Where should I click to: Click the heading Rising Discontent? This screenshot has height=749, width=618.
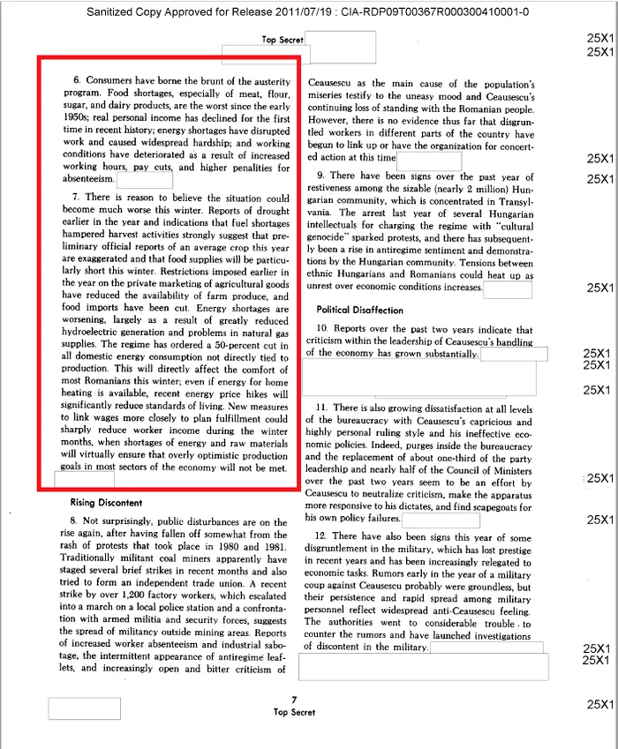pos(108,502)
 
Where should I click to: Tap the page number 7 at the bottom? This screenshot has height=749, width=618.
pos(293,700)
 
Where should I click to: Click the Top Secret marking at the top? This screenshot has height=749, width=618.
pos(283,40)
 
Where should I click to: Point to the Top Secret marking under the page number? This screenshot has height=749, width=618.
pos(294,712)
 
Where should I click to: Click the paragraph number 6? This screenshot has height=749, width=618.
pos(77,81)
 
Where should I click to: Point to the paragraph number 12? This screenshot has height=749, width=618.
pos(322,536)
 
